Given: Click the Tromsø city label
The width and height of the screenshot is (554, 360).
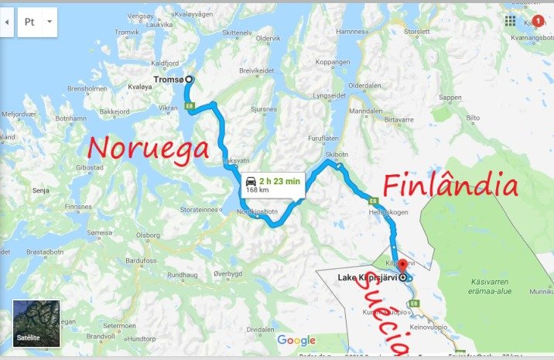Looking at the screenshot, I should [169, 79].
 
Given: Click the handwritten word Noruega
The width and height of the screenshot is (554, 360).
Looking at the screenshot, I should [147, 148].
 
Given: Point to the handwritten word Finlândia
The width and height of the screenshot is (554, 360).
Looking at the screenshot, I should [449, 187].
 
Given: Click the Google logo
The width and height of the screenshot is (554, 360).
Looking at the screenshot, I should [296, 341].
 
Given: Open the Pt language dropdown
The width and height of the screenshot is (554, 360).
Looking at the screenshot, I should [39, 22].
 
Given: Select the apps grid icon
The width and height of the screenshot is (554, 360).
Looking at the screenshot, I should [511, 21].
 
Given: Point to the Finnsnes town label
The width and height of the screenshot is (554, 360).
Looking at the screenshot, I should [77, 207].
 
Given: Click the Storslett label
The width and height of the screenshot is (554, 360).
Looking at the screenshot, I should [416, 32].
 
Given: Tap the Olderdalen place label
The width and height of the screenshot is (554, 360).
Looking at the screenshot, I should [364, 84].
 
